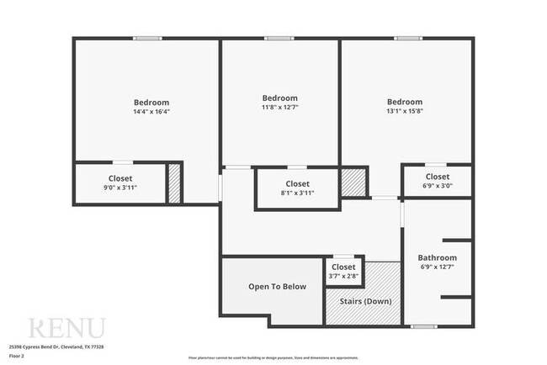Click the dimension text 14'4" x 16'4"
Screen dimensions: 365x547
(x=151, y=112)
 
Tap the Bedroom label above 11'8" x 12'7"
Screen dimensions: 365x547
(x=279, y=98)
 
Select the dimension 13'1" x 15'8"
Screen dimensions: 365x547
(x=404, y=112)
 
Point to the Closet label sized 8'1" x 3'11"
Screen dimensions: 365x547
(x=297, y=183)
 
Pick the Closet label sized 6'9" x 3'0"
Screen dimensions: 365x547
(x=435, y=177)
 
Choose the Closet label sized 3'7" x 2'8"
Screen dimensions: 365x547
(x=343, y=267)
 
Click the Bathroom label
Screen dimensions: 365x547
(x=438, y=258)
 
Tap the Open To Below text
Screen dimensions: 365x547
(x=277, y=287)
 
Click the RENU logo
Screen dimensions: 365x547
(x=67, y=327)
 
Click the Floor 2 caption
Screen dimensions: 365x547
(x=17, y=356)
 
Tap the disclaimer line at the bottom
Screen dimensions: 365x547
(x=273, y=357)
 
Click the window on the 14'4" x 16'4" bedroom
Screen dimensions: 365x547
(x=148, y=38)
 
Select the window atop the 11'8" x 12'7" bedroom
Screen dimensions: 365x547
(x=279, y=38)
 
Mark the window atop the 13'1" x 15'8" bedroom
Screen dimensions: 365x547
(x=407, y=38)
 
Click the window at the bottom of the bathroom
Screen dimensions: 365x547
(x=423, y=325)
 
